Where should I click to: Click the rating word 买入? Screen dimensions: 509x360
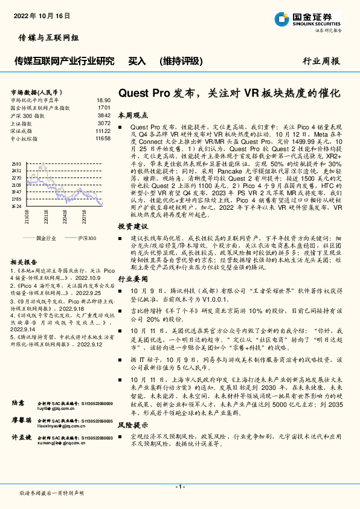click(x=137, y=61)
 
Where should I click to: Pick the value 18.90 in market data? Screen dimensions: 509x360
click(x=103, y=100)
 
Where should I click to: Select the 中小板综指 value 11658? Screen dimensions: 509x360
click(x=103, y=138)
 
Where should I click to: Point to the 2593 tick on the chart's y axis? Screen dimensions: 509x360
click(x=16, y=164)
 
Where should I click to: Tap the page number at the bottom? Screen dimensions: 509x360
click(x=179, y=487)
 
